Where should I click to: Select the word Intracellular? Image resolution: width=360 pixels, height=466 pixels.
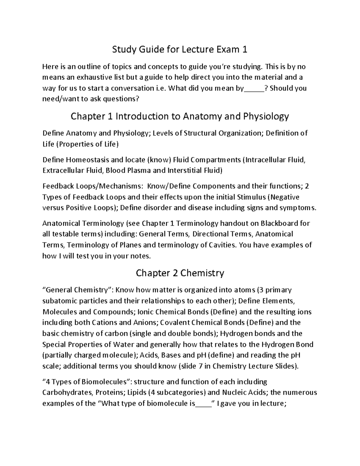266,160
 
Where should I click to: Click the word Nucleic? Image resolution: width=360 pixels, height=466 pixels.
235,393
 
